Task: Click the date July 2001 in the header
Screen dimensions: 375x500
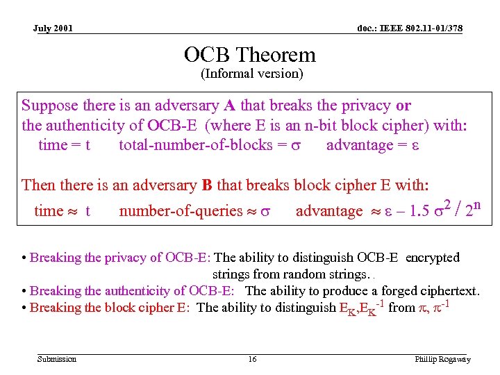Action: (x=53, y=28)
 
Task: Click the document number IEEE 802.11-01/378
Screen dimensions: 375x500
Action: (x=410, y=28)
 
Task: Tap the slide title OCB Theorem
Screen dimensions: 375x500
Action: (x=249, y=55)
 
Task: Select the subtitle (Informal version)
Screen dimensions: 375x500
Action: (x=251, y=73)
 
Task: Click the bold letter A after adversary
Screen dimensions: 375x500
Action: (x=228, y=106)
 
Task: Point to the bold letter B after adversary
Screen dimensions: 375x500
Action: (x=206, y=185)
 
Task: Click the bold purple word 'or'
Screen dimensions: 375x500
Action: (x=403, y=106)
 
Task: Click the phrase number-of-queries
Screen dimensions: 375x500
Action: (x=177, y=211)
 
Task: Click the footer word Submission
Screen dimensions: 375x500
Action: (x=57, y=359)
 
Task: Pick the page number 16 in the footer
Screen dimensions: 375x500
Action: (x=252, y=359)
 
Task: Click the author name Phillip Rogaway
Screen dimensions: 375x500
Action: (x=442, y=359)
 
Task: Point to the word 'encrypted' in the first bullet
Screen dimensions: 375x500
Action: (x=432, y=258)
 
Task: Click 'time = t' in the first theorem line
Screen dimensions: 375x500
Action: (x=64, y=145)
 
